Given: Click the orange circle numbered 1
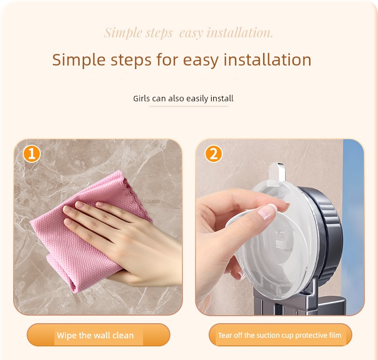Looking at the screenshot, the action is click(x=32, y=154).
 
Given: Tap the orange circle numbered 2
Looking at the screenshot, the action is click(x=214, y=154).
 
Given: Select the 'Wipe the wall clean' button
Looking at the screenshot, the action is click(x=98, y=335).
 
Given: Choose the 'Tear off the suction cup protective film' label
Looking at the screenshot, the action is click(x=280, y=335).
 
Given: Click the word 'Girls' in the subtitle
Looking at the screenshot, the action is click(x=142, y=99).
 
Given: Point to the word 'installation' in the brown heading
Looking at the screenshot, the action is click(x=267, y=60).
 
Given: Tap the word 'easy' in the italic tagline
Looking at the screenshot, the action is click(x=191, y=33).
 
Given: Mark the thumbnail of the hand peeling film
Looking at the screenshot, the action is click(x=280, y=227).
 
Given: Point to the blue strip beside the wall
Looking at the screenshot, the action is click(x=353, y=227).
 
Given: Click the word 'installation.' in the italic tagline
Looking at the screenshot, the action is click(x=240, y=33).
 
